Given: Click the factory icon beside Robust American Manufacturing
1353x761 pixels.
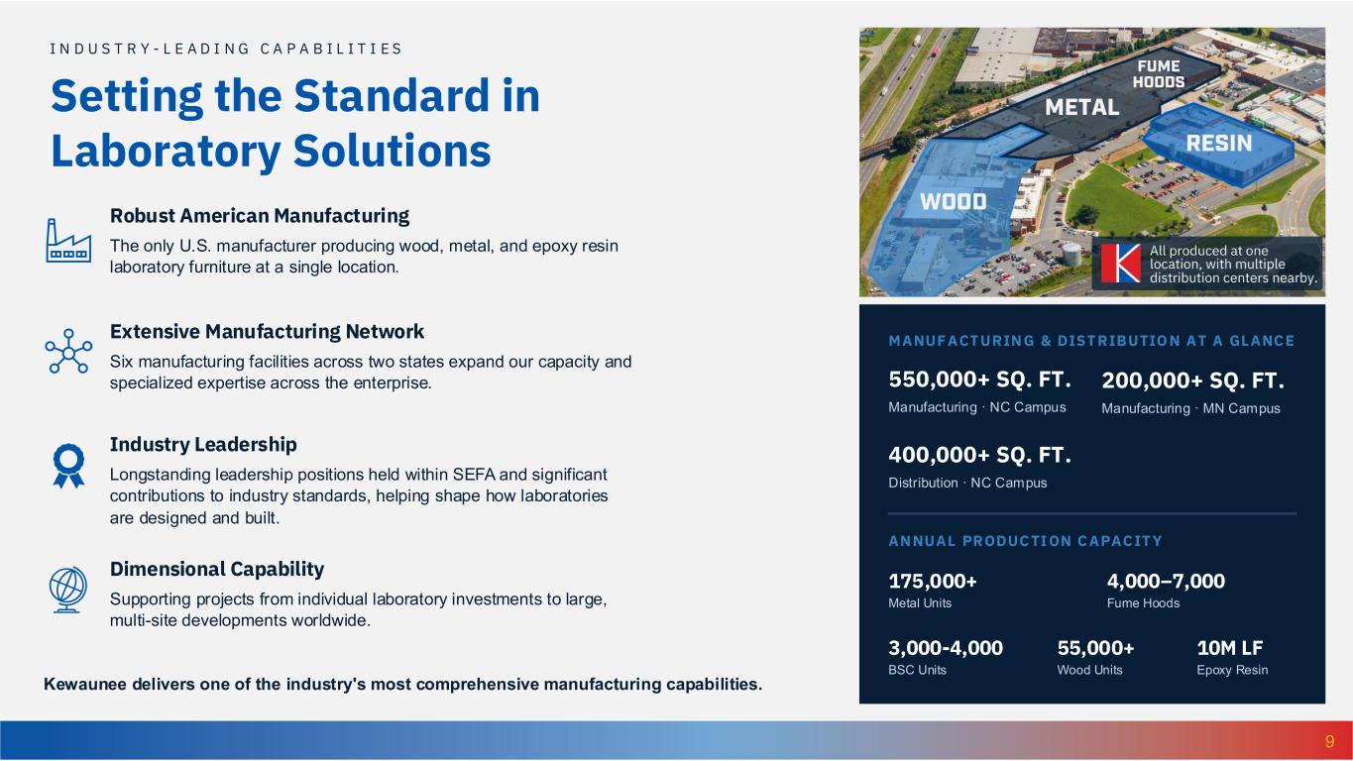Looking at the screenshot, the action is [68, 241].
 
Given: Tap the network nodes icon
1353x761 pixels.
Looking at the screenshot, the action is [68, 351].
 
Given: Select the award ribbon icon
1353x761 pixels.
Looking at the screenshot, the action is [68, 466].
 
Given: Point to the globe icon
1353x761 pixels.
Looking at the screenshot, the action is [67, 590].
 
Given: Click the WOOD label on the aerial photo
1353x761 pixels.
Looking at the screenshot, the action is [953, 201].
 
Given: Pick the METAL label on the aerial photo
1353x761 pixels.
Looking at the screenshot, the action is [1081, 107].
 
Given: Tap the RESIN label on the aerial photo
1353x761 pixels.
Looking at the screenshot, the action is [1219, 143].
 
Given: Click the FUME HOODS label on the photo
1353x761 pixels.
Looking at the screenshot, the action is [1159, 73].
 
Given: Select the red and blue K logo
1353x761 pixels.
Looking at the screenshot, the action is [1120, 264].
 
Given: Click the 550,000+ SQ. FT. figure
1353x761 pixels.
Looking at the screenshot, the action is [979, 380].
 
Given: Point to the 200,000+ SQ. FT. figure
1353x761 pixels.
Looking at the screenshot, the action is [1193, 380].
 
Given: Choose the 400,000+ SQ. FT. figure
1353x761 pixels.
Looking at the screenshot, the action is [979, 454].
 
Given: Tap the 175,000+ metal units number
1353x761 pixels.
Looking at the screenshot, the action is [933, 581].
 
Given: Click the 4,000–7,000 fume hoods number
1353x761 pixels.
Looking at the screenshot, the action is [1166, 581].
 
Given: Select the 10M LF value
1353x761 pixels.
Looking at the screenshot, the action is [1230, 648].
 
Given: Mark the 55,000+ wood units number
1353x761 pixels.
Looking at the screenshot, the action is [1095, 648].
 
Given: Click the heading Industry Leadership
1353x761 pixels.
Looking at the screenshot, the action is [203, 445].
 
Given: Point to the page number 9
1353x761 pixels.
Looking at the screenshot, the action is [1329, 741].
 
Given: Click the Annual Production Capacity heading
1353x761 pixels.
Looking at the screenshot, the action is [1025, 541].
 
